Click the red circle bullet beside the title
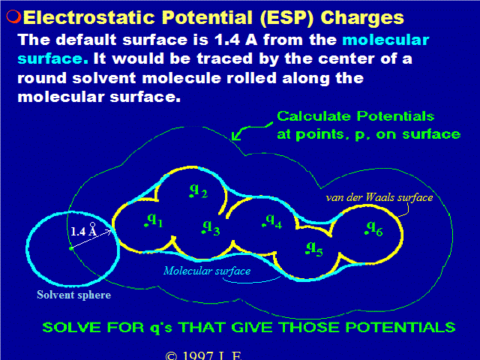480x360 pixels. pyautogui.click(x=13, y=16)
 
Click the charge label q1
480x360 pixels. pyautogui.click(x=155, y=220)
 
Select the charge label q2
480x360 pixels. pyautogui.click(x=199, y=190)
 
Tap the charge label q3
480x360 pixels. pyautogui.click(x=211, y=228)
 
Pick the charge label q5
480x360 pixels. pyautogui.click(x=314, y=248)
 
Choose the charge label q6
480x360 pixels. pyautogui.click(x=375, y=229)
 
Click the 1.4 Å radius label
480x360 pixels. pyautogui.click(x=84, y=229)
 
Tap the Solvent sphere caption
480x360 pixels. pyautogui.click(x=74, y=295)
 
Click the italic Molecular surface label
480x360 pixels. pyautogui.click(x=207, y=271)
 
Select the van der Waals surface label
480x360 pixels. pyautogui.click(x=379, y=197)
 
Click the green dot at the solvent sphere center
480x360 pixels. pyautogui.click(x=71, y=248)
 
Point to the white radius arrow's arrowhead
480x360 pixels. pyautogui.click(x=108, y=232)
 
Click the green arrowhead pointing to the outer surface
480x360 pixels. pyautogui.click(x=235, y=136)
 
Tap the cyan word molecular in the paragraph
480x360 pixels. pyautogui.click(x=385, y=40)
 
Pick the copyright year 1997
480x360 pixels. pyautogui.click(x=198, y=356)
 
